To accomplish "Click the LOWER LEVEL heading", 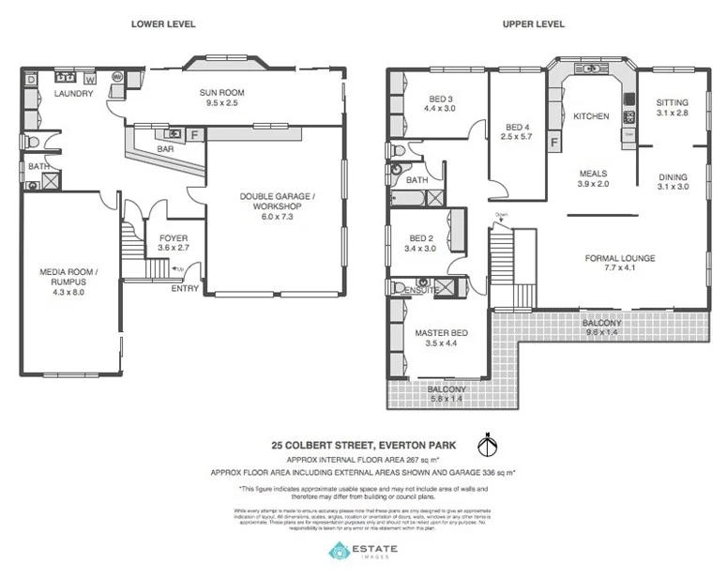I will coord(156,24).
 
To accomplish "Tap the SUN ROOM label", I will coord(221,93).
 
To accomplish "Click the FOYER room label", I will coord(174,238).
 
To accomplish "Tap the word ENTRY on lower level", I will coord(185,288).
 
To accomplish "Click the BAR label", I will coord(166,149).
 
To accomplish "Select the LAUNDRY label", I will coord(72,94).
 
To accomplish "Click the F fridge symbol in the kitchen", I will coord(554,143).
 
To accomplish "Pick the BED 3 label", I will coord(441,99).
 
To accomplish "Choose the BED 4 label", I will coord(518,128).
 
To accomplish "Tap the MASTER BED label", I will coord(439,333).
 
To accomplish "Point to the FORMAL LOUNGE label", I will coord(619,258).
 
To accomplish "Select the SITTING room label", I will coord(672,102).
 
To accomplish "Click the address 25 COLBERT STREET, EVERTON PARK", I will coord(364,446).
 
